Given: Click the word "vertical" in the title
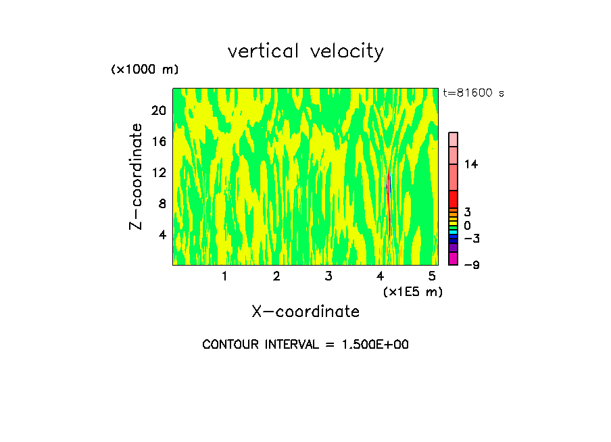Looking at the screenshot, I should (x=262, y=51).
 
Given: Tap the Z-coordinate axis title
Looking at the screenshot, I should (x=137, y=176).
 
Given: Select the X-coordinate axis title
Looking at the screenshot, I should (x=305, y=312).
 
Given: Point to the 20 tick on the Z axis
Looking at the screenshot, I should (x=160, y=110).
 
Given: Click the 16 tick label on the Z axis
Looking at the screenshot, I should (x=160, y=141).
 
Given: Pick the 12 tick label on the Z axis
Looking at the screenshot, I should (x=160, y=172).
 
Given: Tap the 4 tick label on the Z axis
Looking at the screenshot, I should (x=163, y=235).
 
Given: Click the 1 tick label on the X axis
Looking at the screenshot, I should (x=224, y=276).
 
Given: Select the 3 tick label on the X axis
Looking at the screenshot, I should (x=328, y=276).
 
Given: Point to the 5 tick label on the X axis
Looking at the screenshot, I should (x=433, y=276).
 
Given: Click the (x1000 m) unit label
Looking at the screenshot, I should (x=145, y=70).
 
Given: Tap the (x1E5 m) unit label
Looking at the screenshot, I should (x=412, y=291).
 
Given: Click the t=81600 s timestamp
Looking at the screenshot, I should (x=473, y=93).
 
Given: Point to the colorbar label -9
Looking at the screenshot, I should (x=471, y=265).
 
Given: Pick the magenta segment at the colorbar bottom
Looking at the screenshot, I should (x=453, y=258).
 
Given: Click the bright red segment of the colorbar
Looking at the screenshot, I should (x=453, y=199).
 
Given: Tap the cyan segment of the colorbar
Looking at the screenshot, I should (x=453, y=232).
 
